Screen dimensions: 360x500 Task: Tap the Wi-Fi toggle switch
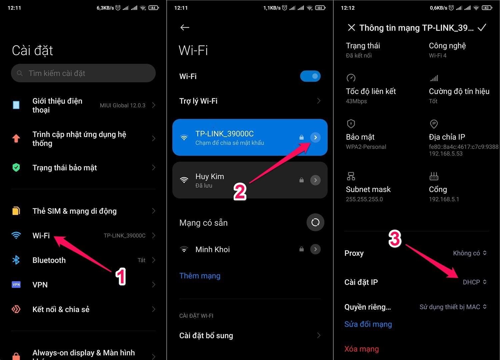pos(310,76)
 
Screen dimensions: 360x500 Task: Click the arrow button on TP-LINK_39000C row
pos(315,137)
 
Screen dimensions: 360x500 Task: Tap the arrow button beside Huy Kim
pos(315,180)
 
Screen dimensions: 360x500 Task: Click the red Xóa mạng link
pos(361,349)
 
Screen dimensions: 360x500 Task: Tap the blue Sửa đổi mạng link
pos(368,324)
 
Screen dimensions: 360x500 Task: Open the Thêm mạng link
pos(200,276)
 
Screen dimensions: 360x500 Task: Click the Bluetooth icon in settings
pos(16,260)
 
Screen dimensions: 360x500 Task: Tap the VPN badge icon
pos(16,285)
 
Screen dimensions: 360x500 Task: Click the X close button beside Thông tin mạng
pos(351,28)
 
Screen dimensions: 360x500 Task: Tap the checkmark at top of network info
pos(482,28)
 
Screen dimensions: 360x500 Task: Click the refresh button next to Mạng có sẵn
pos(315,222)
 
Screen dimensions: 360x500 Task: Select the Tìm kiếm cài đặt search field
pos(83,73)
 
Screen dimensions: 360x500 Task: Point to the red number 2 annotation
pos(240,192)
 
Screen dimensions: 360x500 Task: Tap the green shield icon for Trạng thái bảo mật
pos(16,167)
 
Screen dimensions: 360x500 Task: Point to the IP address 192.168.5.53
pos(446,154)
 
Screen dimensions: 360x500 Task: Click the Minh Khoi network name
pos(213,249)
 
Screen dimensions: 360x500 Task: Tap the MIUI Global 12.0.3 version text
pos(123,105)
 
